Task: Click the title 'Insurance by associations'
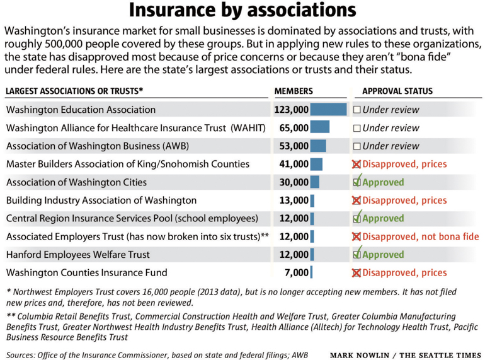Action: pos(243,11)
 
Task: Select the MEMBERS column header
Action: pos(294,91)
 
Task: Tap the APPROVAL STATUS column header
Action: pos(397,91)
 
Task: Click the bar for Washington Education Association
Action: pos(328,110)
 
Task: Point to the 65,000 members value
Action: pos(294,128)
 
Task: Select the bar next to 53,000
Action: pos(318,146)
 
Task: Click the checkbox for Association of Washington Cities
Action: pos(357,182)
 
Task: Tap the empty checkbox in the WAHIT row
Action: pos(357,128)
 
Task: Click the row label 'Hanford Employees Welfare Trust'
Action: pos(78,255)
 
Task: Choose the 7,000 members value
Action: pos(296,273)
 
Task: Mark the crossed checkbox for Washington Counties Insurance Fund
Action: pos(357,273)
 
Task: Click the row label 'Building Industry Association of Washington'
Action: pos(101,200)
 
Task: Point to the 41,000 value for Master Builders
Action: pos(294,165)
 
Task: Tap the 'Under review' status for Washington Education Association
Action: pos(391,110)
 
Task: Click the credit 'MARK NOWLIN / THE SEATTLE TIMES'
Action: pos(406,355)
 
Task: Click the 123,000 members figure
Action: pos(291,110)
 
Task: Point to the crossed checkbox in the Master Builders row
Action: pos(357,165)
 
